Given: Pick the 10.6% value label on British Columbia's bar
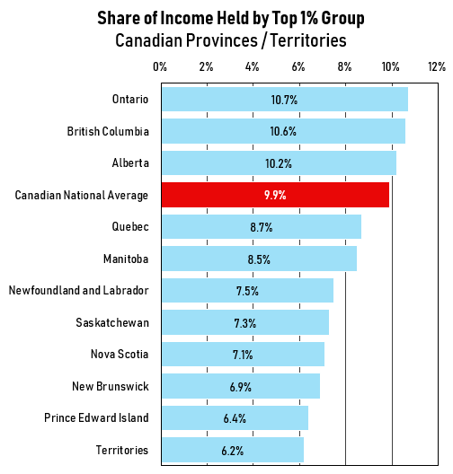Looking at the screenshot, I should [x=284, y=131].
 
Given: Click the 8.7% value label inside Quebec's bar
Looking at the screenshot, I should [x=262, y=227].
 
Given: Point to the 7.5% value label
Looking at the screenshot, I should [x=248, y=291].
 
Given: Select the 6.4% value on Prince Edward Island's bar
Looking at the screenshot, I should [x=235, y=417].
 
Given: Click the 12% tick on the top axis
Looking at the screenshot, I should [x=437, y=67].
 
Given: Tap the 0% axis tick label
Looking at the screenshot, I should [x=160, y=67].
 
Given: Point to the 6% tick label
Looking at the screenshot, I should [x=298, y=67].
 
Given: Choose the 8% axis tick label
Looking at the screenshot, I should [x=344, y=67].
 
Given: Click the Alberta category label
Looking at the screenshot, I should [x=130, y=163].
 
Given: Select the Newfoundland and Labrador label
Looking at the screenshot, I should [x=78, y=290].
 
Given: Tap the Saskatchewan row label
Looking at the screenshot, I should [x=111, y=322].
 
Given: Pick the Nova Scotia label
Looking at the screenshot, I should [x=120, y=354].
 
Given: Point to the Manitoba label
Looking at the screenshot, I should [x=126, y=259].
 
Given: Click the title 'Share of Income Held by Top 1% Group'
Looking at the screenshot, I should [x=231, y=20].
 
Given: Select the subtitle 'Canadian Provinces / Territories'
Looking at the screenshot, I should [x=231, y=41].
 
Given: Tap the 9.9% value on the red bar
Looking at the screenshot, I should [x=275, y=195].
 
